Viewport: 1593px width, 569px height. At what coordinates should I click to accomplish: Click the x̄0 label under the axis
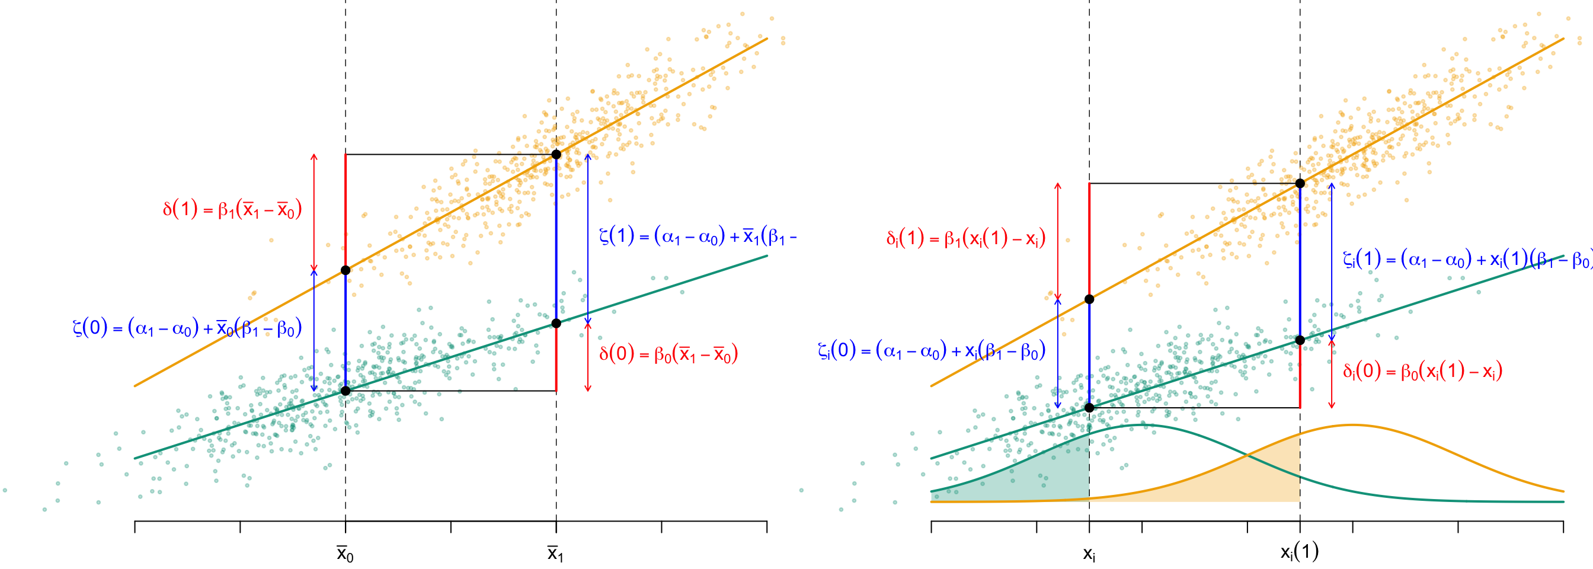pos(345,554)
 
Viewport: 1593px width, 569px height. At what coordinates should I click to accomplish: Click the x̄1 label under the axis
pos(555,554)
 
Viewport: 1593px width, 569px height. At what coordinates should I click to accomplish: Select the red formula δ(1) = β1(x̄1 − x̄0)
pos(232,210)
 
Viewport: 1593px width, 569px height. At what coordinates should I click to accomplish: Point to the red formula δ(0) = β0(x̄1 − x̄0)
pos(668,354)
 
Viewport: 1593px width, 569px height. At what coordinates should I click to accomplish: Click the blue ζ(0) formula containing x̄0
pos(187,328)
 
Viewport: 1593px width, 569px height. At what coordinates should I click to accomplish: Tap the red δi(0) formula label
pos(1422,371)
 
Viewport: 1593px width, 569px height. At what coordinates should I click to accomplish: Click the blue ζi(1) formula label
pos(1466,259)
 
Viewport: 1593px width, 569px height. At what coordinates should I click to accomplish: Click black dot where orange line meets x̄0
pos(346,270)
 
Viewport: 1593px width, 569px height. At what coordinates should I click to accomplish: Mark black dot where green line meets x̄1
pos(556,324)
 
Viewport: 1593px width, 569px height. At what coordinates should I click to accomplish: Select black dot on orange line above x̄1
pos(556,155)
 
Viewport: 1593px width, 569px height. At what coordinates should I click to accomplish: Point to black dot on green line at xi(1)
pos(1300,340)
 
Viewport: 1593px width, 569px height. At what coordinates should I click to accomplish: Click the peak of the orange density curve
pos(1352,425)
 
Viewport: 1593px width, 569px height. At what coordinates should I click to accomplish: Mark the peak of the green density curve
pos(1142,425)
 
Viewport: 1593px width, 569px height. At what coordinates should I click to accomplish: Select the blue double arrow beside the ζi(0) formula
pos(1057,353)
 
